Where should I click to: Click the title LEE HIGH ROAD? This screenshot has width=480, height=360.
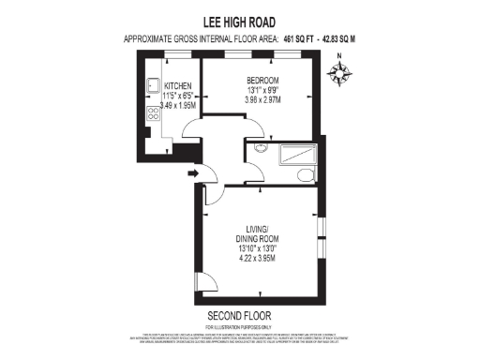click(240, 20)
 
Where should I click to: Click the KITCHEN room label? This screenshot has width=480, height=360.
click(165, 86)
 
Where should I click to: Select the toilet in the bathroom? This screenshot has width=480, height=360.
click(306, 175)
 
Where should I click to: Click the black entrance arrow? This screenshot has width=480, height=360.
click(193, 172)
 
